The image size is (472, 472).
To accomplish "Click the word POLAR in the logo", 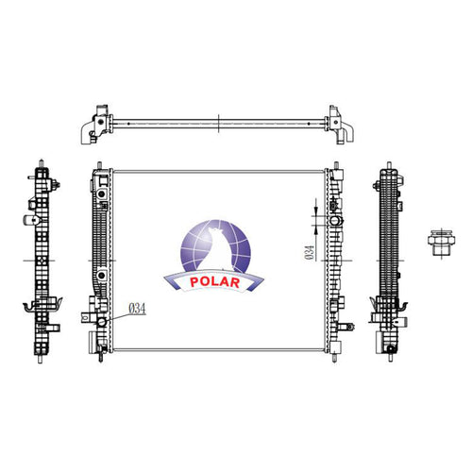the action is (x=215, y=281).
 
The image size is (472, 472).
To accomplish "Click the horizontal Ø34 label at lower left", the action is (x=137, y=309).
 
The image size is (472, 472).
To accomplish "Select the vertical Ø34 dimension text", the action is (x=310, y=253).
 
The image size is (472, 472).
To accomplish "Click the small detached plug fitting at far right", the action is (x=441, y=243).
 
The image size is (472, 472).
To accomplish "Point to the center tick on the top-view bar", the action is (x=218, y=124).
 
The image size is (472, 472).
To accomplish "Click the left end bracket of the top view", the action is (x=95, y=125).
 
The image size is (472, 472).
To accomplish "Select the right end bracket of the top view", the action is (x=341, y=125).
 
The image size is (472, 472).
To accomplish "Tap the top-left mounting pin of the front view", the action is (x=100, y=165).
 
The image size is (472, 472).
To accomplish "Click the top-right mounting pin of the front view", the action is (x=335, y=165).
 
